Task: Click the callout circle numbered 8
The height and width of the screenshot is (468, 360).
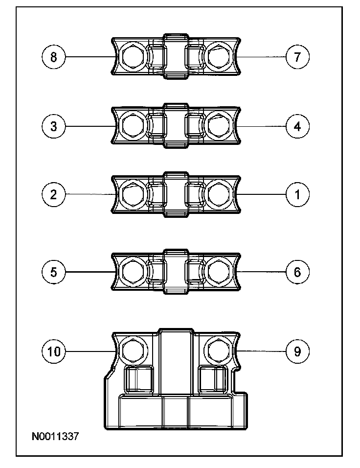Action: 53,57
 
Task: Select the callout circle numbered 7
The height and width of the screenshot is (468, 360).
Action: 297,57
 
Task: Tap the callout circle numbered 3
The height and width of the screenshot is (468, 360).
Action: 53,126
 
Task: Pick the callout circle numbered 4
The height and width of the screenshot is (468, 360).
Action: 297,126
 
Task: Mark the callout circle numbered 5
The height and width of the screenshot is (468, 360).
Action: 53,272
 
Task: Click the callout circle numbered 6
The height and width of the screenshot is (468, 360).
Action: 297,272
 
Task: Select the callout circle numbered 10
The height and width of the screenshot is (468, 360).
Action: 53,351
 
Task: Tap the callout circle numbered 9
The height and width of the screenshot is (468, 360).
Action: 297,351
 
